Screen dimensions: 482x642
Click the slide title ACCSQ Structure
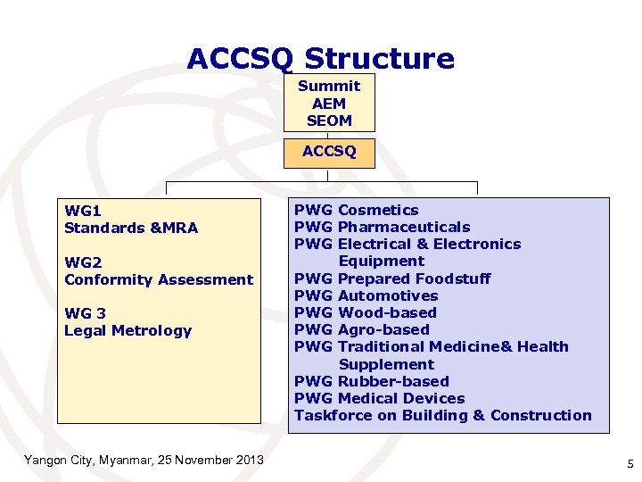pos(320,59)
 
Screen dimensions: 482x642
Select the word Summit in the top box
pos(329,86)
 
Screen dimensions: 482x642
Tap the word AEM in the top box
pos(329,103)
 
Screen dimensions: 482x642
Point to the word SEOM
pos(329,120)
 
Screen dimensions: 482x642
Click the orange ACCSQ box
pos(329,152)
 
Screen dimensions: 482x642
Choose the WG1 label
pos(83,211)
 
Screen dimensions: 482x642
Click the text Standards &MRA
pos(131,228)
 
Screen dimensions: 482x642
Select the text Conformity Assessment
pos(159,279)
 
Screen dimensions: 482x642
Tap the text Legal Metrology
pos(128,330)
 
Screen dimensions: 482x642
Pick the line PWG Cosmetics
pos(356,210)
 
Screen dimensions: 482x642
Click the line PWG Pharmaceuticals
pos(382,227)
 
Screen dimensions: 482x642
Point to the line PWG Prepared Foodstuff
pos(392,278)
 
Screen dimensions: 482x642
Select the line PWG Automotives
pos(366,295)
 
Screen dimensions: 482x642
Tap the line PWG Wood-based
pos(365,312)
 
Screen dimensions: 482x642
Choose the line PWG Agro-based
pos(361,329)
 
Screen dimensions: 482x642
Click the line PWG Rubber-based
pos(371,381)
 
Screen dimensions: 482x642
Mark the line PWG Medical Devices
pos(379,398)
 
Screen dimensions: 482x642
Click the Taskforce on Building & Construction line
pos(442,415)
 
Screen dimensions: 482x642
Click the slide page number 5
pos(630,464)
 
